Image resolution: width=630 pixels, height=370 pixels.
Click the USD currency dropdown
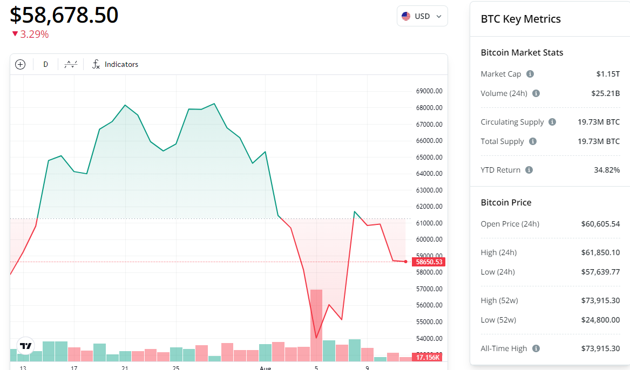pyautogui.click(x=422, y=16)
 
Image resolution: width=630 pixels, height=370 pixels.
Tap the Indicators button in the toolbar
pyautogui.click(x=115, y=64)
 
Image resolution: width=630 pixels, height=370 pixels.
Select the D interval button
pyautogui.click(x=45, y=64)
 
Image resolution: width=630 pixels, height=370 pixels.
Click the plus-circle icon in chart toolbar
pyautogui.click(x=21, y=64)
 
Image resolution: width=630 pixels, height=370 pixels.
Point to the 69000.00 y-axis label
pyautogui.click(x=429, y=91)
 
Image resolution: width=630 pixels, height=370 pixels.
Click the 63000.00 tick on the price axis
pyautogui.click(x=429, y=190)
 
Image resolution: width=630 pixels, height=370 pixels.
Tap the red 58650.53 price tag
pyautogui.click(x=429, y=262)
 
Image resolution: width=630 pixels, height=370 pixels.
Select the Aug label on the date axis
pyautogui.click(x=265, y=367)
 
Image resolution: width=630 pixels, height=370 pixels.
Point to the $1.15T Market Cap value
pyautogui.click(x=608, y=74)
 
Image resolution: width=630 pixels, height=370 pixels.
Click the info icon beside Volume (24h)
pyautogui.click(x=536, y=93)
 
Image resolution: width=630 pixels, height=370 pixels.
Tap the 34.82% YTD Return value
pyautogui.click(x=607, y=170)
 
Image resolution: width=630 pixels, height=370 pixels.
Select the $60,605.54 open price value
pyautogui.click(x=600, y=224)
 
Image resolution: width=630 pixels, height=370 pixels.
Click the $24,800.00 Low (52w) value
pyautogui.click(x=600, y=320)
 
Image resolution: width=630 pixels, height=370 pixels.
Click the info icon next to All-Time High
pyautogui.click(x=536, y=348)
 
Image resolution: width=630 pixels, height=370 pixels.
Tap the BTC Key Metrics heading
pyautogui.click(x=520, y=19)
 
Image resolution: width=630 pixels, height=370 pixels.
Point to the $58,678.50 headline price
pyautogui.click(x=64, y=15)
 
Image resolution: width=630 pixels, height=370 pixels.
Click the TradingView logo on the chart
pyautogui.click(x=25, y=345)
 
